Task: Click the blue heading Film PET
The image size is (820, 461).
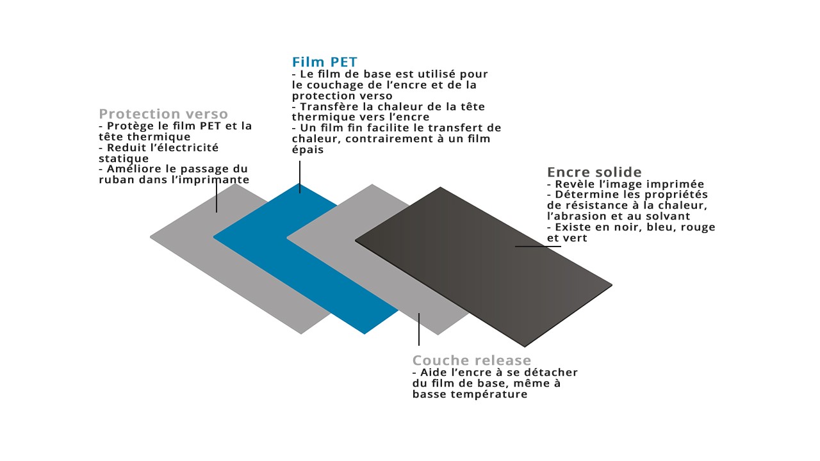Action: click(324, 62)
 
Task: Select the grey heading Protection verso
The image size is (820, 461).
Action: click(163, 114)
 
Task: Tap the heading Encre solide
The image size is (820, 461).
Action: click(594, 172)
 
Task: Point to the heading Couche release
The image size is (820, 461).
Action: click(471, 360)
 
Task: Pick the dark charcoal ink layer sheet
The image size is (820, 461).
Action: click(483, 267)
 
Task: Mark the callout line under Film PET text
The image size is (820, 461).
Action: click(300, 177)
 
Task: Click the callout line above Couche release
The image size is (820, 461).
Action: click(419, 329)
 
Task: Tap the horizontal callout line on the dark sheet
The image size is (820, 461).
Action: click(538, 247)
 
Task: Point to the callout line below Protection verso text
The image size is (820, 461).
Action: click(217, 197)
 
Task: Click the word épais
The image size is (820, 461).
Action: click(308, 150)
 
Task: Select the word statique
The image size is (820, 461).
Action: click(124, 159)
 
